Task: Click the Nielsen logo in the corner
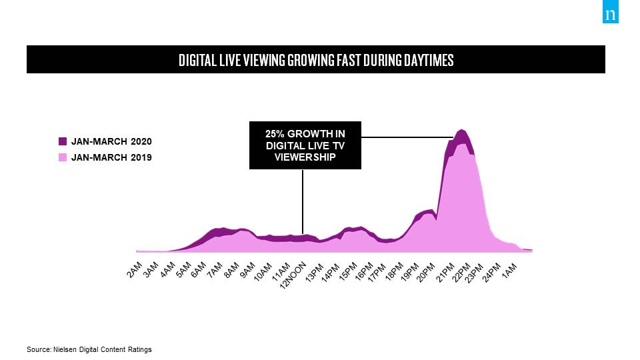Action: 610,15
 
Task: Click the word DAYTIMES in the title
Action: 427,60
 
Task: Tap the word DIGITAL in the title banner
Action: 198,60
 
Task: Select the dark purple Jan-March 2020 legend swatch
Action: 63,141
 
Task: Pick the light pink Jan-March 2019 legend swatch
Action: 63,157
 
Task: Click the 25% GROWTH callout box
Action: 305,145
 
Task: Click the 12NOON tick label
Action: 294,275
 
